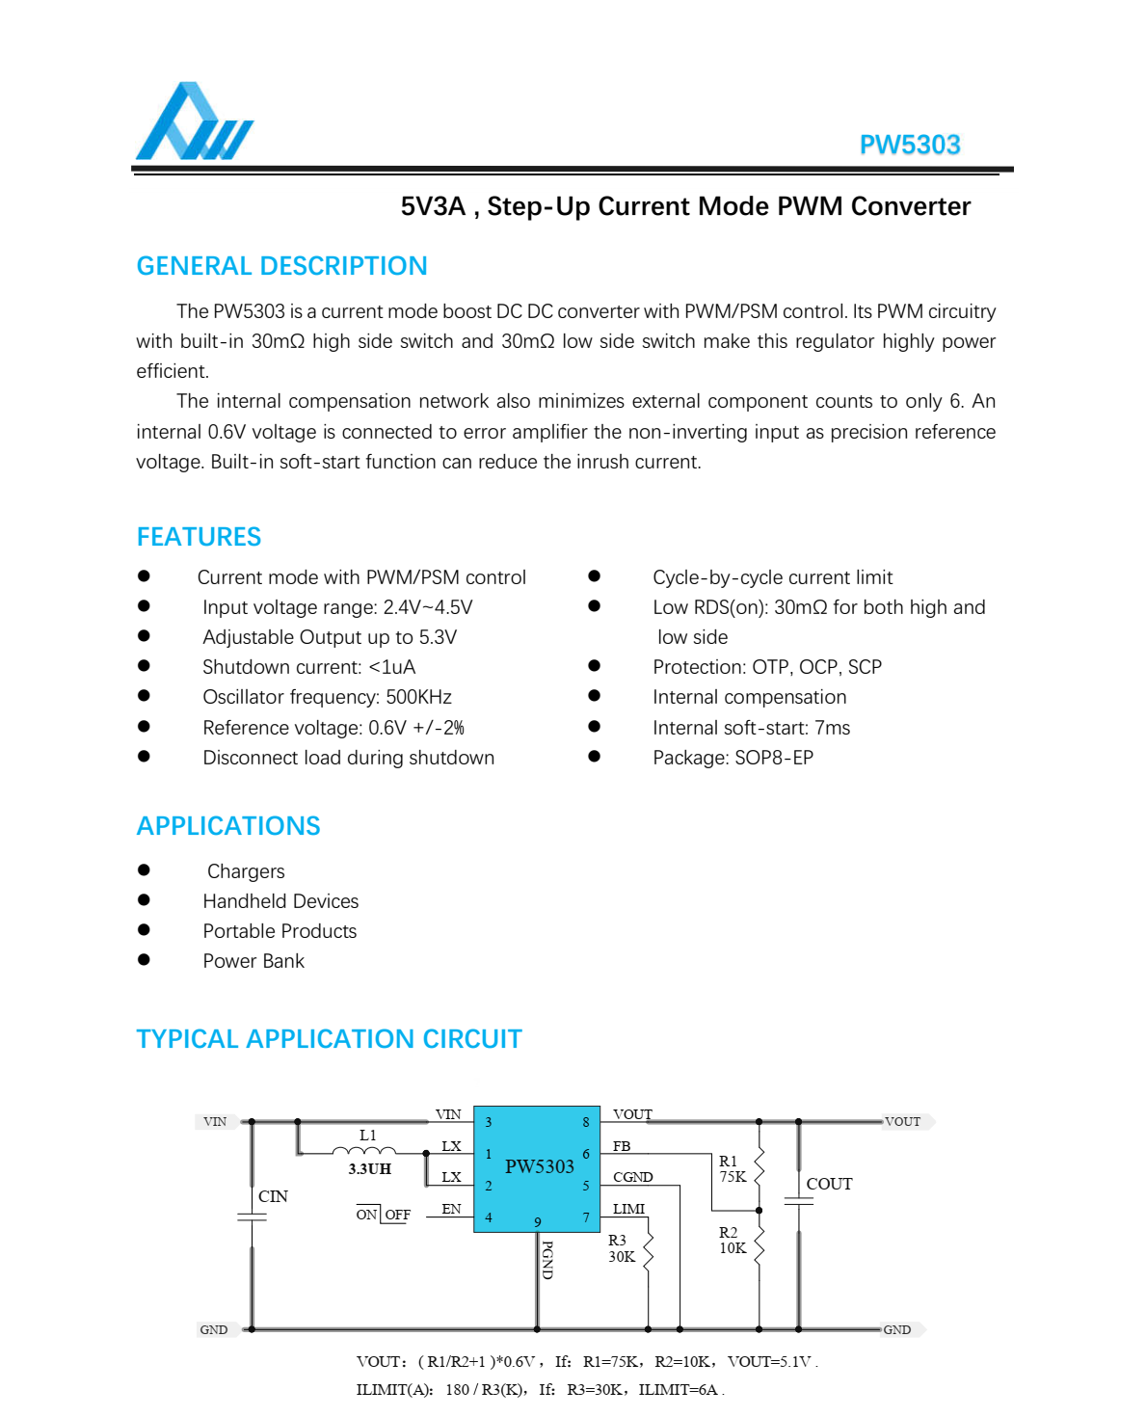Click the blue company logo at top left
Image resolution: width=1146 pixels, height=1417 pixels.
(194, 122)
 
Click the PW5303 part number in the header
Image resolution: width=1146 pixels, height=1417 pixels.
(909, 145)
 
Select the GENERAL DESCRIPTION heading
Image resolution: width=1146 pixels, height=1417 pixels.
(281, 266)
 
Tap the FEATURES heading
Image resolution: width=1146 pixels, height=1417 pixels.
(199, 537)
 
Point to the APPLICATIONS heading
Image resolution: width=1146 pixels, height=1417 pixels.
(228, 826)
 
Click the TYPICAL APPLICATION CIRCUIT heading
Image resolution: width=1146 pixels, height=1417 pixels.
(329, 1039)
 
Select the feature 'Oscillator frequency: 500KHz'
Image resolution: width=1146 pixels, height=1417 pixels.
(327, 697)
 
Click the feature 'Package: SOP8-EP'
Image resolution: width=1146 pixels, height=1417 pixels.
(733, 758)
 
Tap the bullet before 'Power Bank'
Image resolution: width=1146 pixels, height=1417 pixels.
(144, 959)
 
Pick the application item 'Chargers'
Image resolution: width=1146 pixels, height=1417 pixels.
(246, 871)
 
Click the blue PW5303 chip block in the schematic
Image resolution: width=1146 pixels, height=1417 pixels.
(537, 1168)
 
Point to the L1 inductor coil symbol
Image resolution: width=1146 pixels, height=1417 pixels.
(363, 1150)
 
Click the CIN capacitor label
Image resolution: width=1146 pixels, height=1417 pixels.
(273, 1196)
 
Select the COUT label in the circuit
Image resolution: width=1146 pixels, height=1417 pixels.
(829, 1184)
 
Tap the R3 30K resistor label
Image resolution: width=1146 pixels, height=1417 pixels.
(621, 1248)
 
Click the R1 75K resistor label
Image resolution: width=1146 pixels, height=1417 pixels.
(733, 1168)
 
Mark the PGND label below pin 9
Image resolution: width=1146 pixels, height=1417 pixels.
(547, 1260)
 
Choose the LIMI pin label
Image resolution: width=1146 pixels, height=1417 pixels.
(628, 1209)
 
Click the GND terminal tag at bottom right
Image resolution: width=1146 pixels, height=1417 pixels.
(897, 1329)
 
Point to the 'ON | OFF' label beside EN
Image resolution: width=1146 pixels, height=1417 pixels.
(383, 1215)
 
